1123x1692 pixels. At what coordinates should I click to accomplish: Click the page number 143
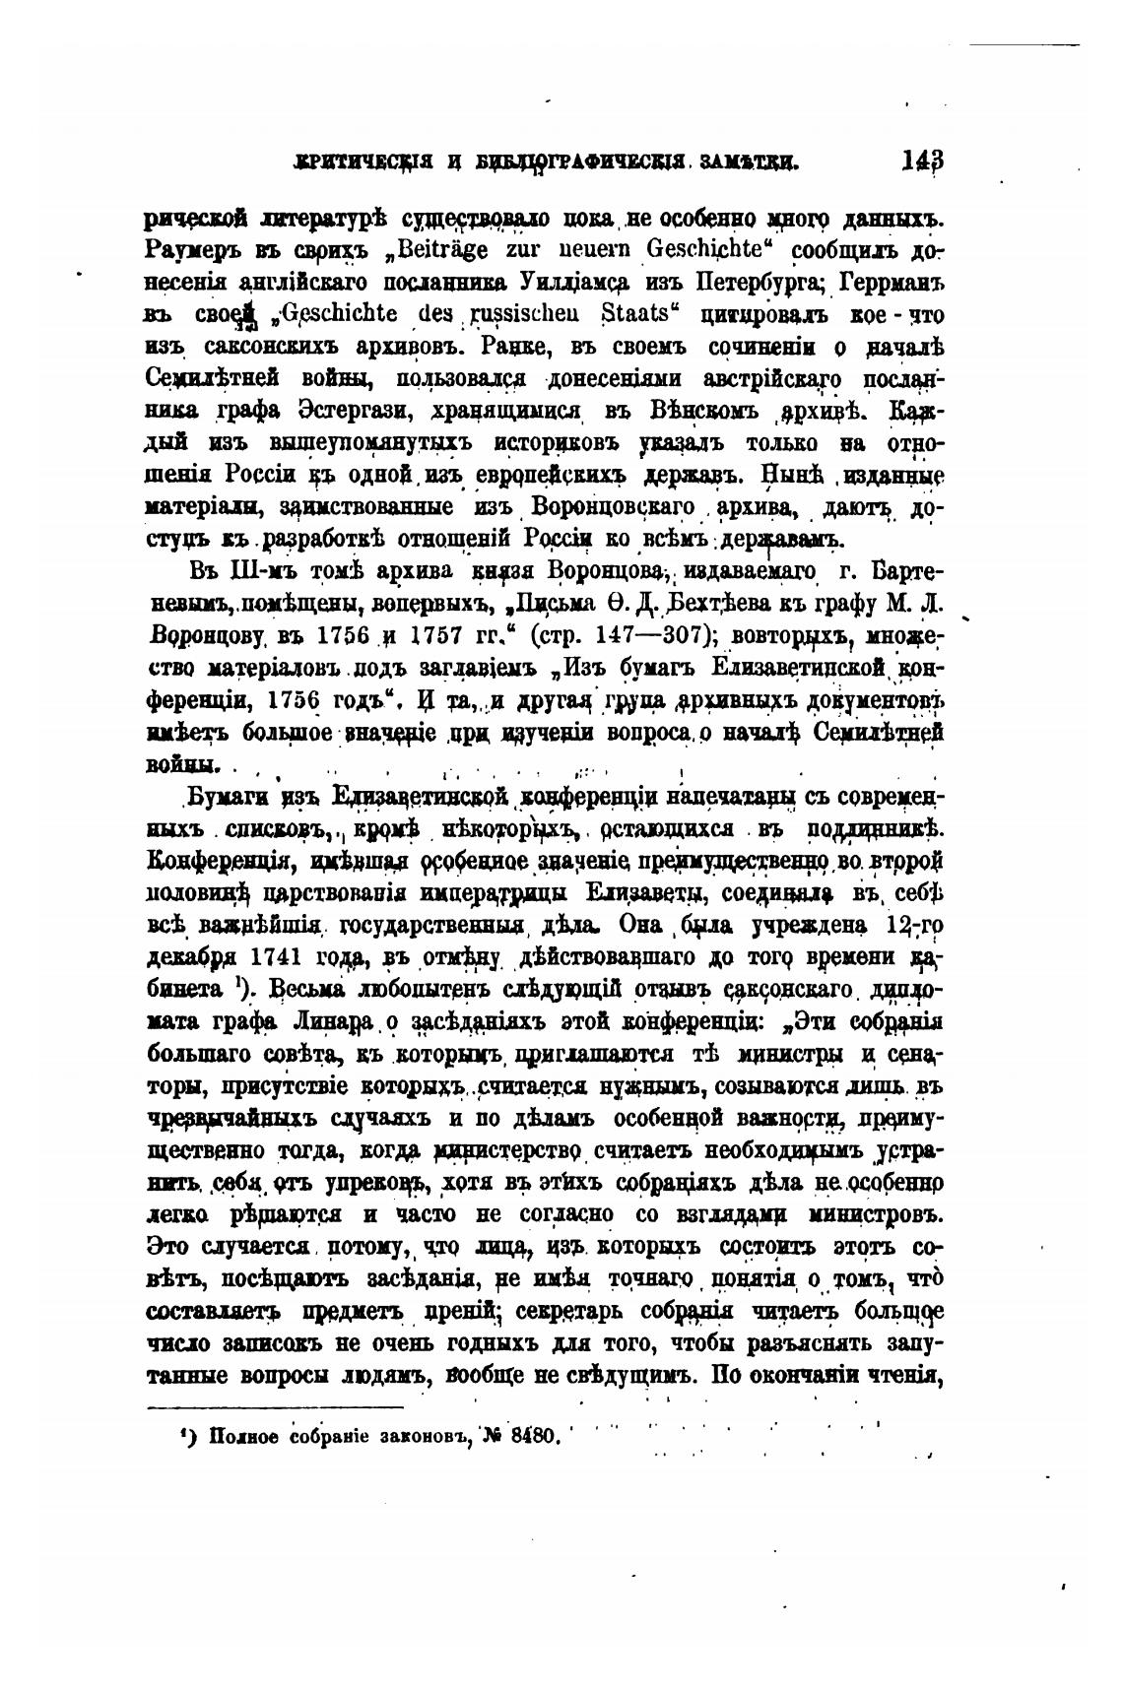tap(922, 162)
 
